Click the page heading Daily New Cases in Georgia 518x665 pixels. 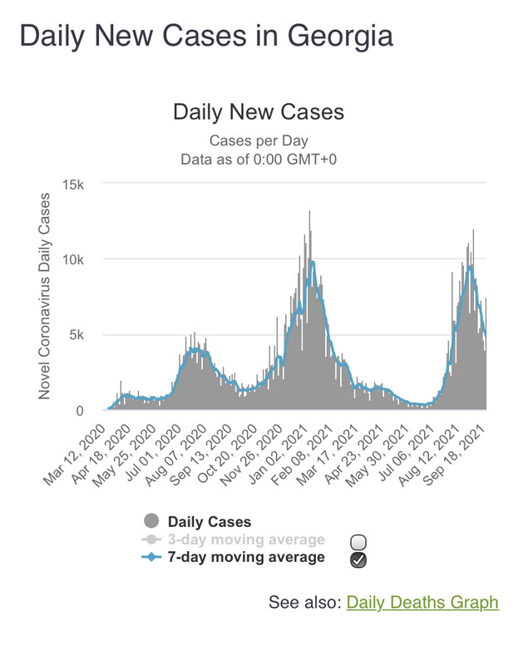(x=205, y=37)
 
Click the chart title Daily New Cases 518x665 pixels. (x=258, y=112)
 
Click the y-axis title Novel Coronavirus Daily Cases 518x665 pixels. (x=45, y=296)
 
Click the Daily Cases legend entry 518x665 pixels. (x=209, y=522)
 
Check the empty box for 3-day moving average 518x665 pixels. (x=359, y=542)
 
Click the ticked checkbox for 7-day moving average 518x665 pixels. (x=359, y=559)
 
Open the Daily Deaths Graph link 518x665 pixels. (x=422, y=602)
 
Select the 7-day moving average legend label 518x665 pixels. (x=245, y=557)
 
